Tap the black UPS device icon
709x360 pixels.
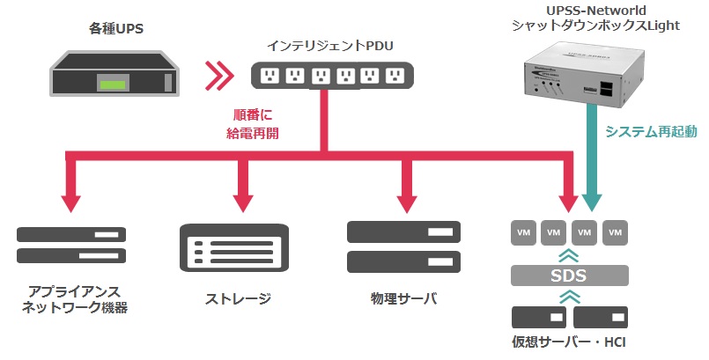pyautogui.click(x=110, y=75)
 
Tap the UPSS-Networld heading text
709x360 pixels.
pyautogui.click(x=595, y=10)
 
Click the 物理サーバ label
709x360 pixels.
pyautogui.click(x=403, y=299)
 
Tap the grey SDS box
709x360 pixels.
pyautogui.click(x=570, y=276)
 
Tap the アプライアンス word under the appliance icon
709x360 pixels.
pyautogui.click(x=70, y=290)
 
